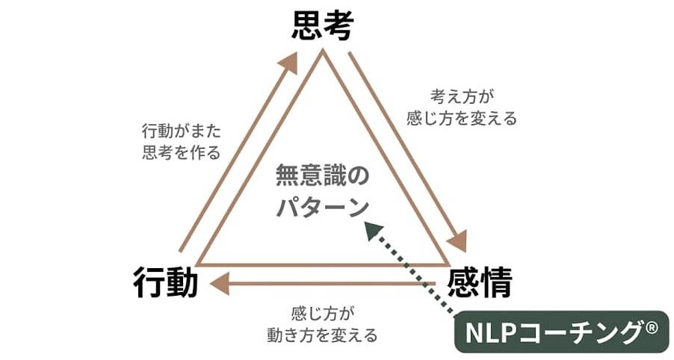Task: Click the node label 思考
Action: tap(322, 26)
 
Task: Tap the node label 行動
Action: tap(166, 284)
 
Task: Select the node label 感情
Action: tap(480, 284)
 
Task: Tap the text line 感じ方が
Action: tap(322, 312)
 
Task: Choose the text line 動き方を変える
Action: tap(322, 335)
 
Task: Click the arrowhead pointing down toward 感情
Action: tap(457, 242)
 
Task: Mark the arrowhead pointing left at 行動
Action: tap(220, 283)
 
